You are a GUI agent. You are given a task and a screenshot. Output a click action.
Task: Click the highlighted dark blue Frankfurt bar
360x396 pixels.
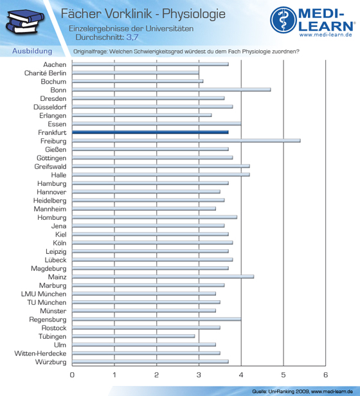pyautogui.click(x=150, y=132)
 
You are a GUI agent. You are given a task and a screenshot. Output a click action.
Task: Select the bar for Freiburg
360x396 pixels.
pyautogui.click(x=186, y=141)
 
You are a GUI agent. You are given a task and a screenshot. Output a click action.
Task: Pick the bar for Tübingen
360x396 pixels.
pyautogui.click(x=133, y=336)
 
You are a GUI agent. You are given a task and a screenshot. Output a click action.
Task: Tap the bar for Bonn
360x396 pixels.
pyautogui.click(x=172, y=89)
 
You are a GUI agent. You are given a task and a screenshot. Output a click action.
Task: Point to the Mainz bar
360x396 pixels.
pyautogui.click(x=163, y=276)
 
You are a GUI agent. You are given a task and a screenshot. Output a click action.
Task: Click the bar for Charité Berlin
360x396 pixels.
pyautogui.click(x=136, y=73)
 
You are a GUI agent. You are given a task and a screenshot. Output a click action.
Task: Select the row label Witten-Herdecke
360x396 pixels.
pyautogui.click(x=40, y=354)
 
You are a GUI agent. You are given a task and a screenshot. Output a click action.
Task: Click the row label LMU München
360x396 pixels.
pyautogui.click(x=44, y=294)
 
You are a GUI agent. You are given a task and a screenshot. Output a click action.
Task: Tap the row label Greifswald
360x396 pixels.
pyautogui.click(x=51, y=166)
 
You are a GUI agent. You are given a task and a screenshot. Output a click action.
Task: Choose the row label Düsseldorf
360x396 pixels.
pyautogui.click(x=50, y=107)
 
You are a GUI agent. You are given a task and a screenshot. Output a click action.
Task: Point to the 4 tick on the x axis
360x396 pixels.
pyautogui.click(x=241, y=375)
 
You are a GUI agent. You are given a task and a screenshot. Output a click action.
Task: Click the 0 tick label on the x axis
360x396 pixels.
pyautogui.click(x=72, y=375)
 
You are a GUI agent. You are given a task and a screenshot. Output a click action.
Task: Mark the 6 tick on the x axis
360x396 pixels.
pyautogui.click(x=325, y=375)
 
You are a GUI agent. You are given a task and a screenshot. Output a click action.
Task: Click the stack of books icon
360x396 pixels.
pyautogui.click(x=25, y=21)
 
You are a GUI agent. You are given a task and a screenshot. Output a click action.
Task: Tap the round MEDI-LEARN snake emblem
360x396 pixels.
pyautogui.click(x=283, y=20)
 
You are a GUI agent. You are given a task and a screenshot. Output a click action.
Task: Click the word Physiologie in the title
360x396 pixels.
pyautogui.click(x=194, y=14)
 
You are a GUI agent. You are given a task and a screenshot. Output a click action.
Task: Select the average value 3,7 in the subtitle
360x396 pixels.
pyautogui.click(x=132, y=37)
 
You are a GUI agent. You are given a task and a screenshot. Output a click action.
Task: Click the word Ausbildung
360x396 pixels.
pyautogui.click(x=32, y=51)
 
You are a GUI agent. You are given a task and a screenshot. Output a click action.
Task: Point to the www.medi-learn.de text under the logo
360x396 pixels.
pyautogui.click(x=326, y=35)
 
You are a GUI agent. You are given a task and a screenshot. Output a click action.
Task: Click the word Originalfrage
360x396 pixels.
pyautogui.click(x=90, y=51)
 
